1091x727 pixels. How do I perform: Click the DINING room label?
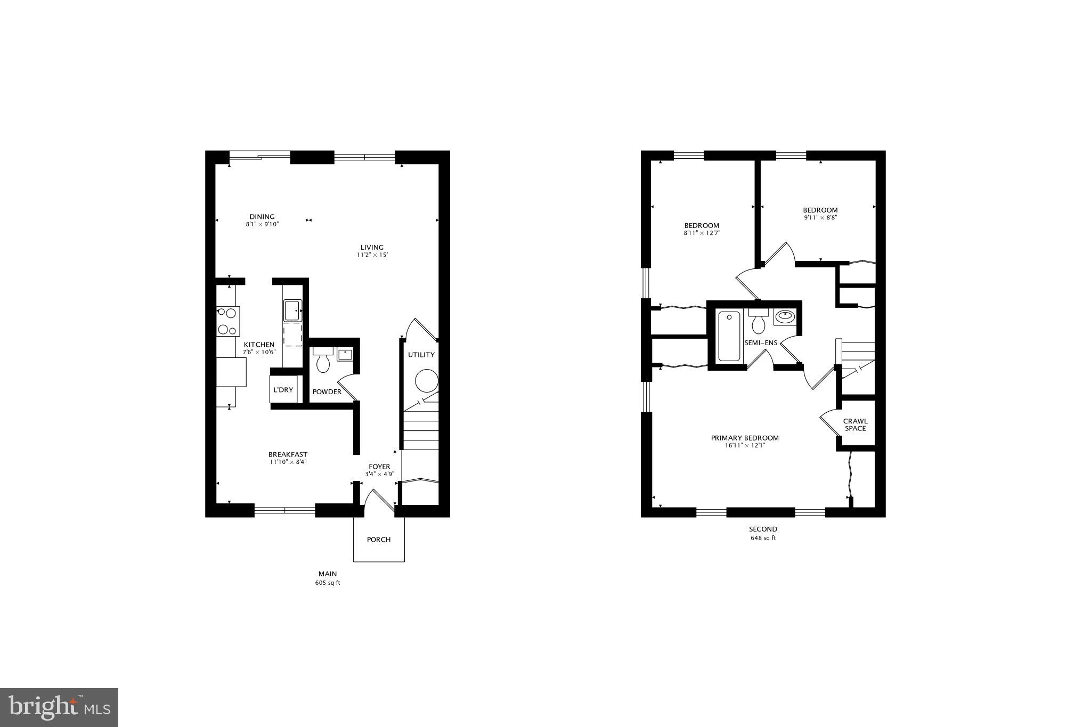[x=262, y=217]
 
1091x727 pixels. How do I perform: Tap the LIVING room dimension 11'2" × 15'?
[x=372, y=255]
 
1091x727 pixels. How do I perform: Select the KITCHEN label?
[x=259, y=345]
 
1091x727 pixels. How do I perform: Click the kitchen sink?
[x=292, y=310]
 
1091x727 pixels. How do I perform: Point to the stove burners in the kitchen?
[x=227, y=321]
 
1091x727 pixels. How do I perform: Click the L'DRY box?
[x=283, y=390]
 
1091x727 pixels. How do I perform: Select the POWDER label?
[x=327, y=392]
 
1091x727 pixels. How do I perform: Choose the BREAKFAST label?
[x=288, y=454]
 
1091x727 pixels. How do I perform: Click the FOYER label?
[x=379, y=467]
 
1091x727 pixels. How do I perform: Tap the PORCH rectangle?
[x=379, y=540]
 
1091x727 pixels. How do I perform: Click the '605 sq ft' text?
[x=327, y=583]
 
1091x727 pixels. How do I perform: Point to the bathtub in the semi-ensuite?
[x=729, y=337]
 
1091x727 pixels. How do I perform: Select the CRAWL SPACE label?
[x=855, y=424]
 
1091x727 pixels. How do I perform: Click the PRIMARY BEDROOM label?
[x=745, y=438]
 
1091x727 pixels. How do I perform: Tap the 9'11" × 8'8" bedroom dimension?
[x=820, y=218]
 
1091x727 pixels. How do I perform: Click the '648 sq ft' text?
[x=763, y=538]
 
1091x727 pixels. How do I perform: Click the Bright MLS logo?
[x=59, y=707]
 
